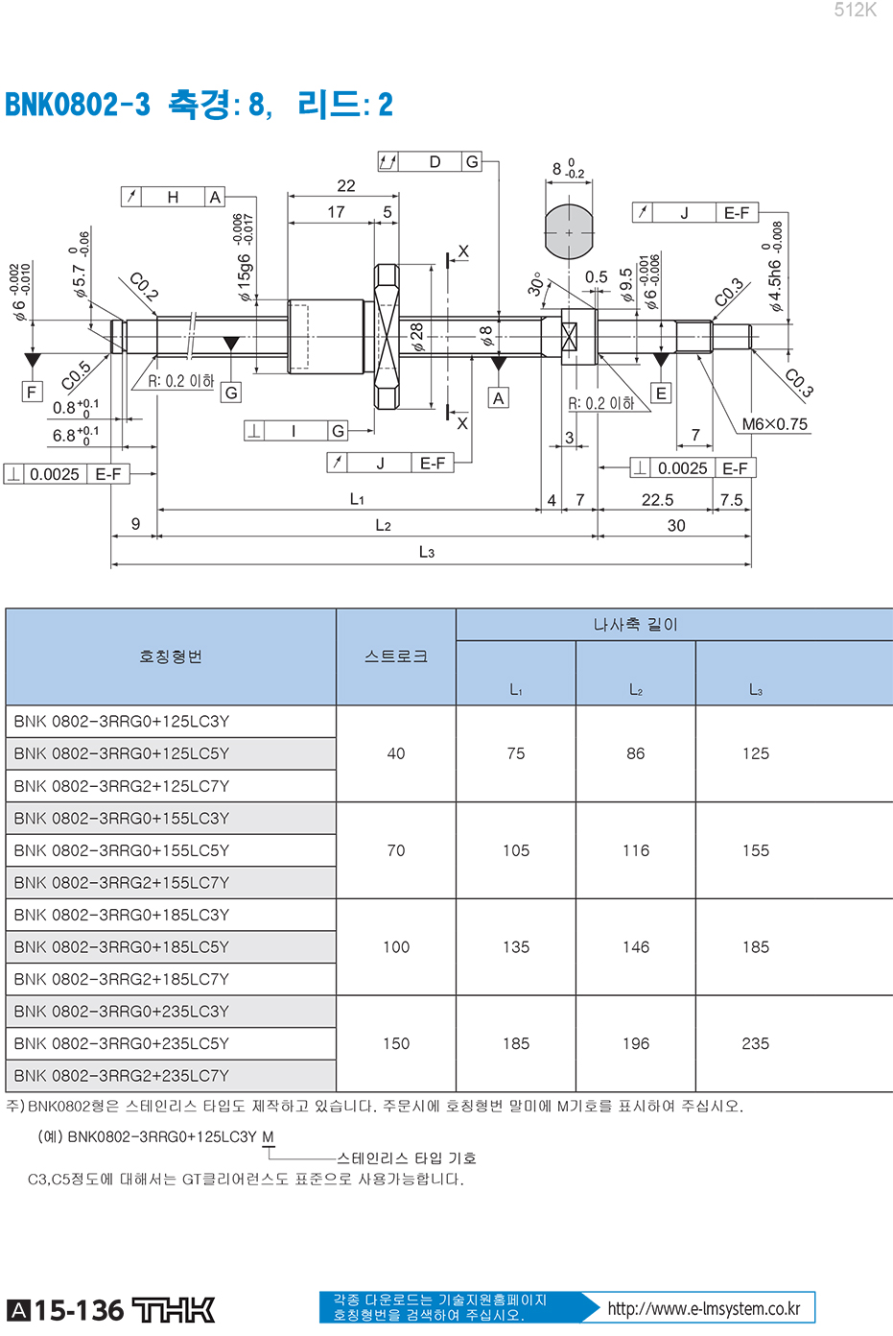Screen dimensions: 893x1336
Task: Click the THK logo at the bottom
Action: click(x=173, y=1310)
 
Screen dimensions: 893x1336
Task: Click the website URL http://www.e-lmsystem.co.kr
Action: click(x=703, y=1309)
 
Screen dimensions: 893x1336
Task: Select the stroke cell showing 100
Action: click(x=396, y=947)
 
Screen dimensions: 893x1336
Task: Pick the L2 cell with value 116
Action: click(x=636, y=850)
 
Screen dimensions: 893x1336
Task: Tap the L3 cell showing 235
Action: click(x=755, y=1044)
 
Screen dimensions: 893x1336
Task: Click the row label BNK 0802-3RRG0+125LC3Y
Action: click(x=122, y=722)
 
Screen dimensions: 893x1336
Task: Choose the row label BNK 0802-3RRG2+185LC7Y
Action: click(x=122, y=979)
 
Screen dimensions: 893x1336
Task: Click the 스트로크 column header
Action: click(x=396, y=656)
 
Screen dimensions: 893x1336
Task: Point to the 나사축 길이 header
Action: click(x=636, y=625)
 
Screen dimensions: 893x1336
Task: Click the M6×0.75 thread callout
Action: click(x=774, y=424)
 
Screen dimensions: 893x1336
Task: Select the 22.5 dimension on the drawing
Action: click(x=657, y=500)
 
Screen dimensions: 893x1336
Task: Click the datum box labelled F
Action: click(x=33, y=392)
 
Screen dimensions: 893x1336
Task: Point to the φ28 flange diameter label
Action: click(x=416, y=337)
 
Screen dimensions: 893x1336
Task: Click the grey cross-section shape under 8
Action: click(x=569, y=232)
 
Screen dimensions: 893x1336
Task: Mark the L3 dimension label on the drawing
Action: click(x=427, y=552)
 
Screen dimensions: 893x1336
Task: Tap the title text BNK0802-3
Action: click(x=78, y=105)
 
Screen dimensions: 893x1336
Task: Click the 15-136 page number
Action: click(x=79, y=1310)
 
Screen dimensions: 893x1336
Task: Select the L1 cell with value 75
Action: click(x=516, y=753)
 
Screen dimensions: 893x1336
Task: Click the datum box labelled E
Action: click(x=661, y=394)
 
